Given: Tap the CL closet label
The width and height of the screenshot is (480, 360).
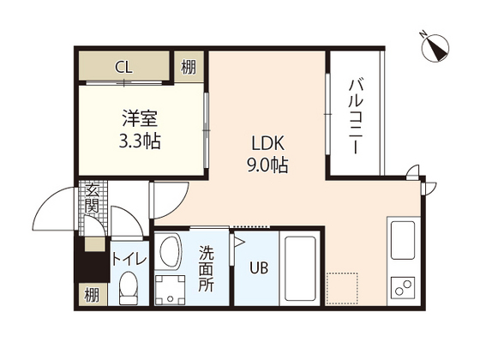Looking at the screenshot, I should click(x=124, y=66).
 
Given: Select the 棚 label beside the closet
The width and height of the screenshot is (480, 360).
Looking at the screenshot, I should click(x=189, y=66).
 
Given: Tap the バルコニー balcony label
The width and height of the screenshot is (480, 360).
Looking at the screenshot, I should click(x=357, y=116).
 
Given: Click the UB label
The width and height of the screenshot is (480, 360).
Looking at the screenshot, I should click(x=257, y=268).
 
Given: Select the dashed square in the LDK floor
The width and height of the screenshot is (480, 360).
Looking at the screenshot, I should click(x=340, y=287).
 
